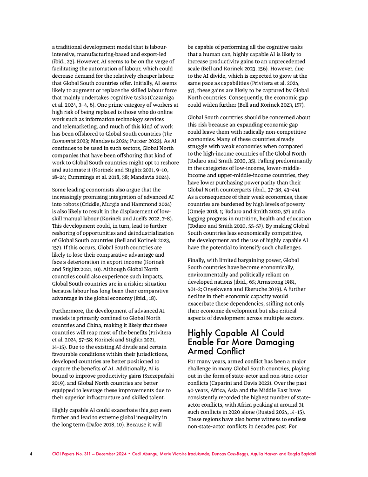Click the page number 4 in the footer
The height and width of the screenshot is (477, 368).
31,453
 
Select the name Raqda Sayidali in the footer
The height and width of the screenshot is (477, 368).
302,453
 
